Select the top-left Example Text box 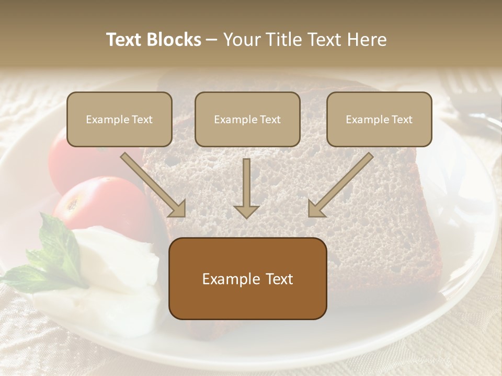119,120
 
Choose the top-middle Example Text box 247,120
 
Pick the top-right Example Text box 379,120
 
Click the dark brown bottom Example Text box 247,279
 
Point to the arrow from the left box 154,185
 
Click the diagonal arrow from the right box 340,185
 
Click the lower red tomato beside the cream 99,204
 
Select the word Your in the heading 239,40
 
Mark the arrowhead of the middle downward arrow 246,211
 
